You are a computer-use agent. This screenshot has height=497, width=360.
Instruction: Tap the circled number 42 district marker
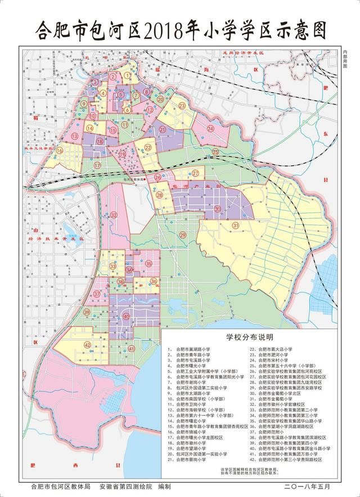[x=87, y=345]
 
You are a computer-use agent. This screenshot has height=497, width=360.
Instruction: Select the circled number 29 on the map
[x=182, y=234]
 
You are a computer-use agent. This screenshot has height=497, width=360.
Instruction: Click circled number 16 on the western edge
[x=60, y=150]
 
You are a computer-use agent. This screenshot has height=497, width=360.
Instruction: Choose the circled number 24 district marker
[x=210, y=128]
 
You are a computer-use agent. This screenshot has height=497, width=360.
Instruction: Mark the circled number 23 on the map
[x=182, y=105]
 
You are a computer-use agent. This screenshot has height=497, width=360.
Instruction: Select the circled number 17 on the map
[x=97, y=165]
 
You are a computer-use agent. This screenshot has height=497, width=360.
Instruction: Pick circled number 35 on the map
[x=148, y=263]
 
